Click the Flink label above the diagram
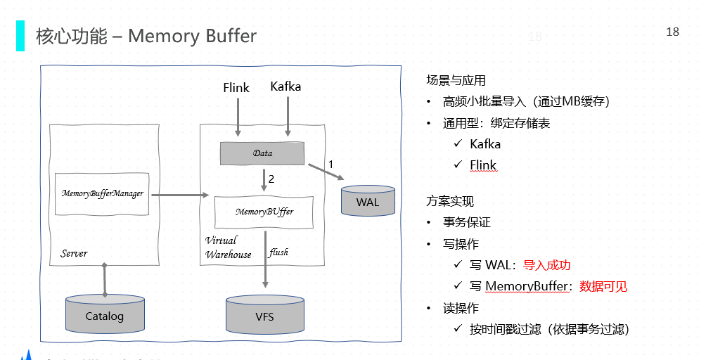[236, 88]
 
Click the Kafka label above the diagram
[285, 86]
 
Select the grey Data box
[262, 153]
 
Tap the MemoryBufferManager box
[103, 193]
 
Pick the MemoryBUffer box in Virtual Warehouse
[264, 212]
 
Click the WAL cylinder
[367, 201]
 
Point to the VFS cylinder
[264, 316]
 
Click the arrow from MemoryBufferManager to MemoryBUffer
[176, 194]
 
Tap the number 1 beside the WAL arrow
[330, 164]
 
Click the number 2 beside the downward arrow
[271, 179]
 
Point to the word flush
[278, 252]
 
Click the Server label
[74, 253]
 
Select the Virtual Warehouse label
[228, 247]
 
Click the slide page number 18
[672, 32]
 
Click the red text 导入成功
[546, 265]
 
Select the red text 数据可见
[603, 286]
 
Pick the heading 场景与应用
[456, 80]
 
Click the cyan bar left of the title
[20, 36]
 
